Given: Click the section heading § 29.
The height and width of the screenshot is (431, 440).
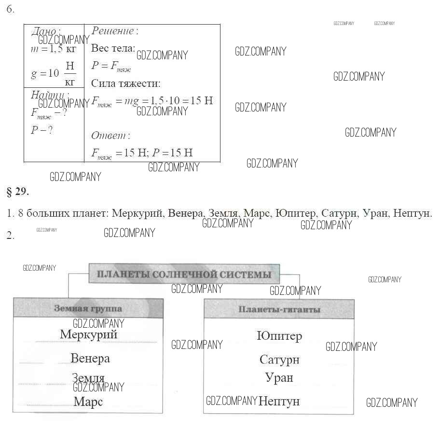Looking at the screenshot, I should [18, 192].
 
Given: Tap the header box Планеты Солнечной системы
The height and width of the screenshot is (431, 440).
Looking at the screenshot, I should [184, 275].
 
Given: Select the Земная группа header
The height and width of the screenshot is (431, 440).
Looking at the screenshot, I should [88, 309].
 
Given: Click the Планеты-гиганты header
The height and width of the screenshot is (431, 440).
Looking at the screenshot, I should [279, 309].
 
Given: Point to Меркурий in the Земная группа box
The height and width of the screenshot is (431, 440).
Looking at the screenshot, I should [89, 334].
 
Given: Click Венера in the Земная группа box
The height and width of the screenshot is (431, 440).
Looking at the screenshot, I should [90, 358].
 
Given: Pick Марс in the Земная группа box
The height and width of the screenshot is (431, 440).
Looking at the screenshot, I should [88, 401].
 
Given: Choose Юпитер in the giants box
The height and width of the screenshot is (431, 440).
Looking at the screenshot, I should [279, 335].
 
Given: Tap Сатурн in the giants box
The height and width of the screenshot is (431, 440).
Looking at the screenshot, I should [279, 360].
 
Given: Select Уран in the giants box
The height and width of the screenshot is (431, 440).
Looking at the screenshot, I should [279, 377].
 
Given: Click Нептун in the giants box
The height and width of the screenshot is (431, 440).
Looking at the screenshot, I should [279, 401].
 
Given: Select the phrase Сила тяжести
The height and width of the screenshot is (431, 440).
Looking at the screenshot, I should [125, 83].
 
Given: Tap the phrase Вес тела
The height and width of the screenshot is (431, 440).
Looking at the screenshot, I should [113, 48].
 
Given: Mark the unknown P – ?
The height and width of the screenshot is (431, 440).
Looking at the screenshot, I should [41, 130].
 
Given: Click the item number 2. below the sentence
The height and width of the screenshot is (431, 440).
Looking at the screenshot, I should [11, 235].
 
